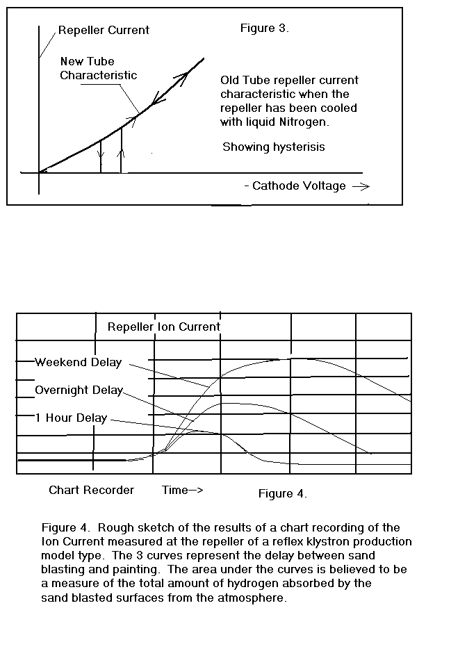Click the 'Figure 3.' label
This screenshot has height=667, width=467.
264,28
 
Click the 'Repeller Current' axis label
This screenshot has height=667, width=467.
104,31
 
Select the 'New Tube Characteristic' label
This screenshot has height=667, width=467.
98,68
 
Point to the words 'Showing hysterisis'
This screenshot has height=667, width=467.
273,147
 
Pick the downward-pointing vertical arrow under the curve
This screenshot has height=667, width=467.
101,153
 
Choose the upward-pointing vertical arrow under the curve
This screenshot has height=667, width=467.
122,149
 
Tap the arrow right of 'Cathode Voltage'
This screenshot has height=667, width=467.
361,186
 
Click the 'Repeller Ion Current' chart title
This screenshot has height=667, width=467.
164,327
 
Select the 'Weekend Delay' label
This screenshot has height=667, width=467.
78,362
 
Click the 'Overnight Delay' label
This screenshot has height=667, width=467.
79,390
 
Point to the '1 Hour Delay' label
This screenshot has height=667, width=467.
71,418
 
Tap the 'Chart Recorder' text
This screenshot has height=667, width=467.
91,490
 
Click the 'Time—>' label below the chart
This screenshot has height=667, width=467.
182,490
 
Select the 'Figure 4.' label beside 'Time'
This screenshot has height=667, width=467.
282,493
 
